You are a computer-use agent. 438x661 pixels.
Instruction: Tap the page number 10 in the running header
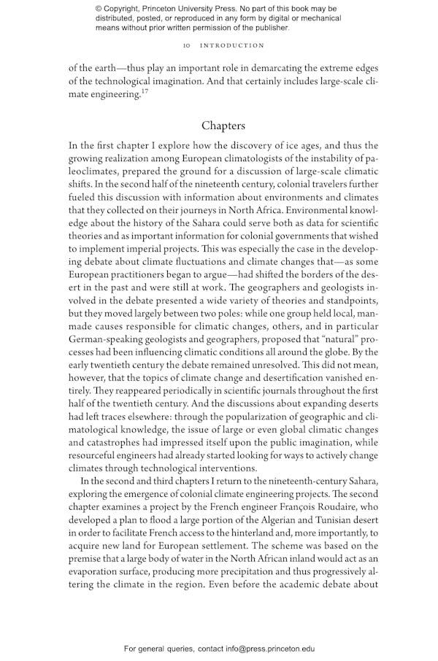pos(187,45)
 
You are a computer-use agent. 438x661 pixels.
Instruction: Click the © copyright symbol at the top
pos(99,8)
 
